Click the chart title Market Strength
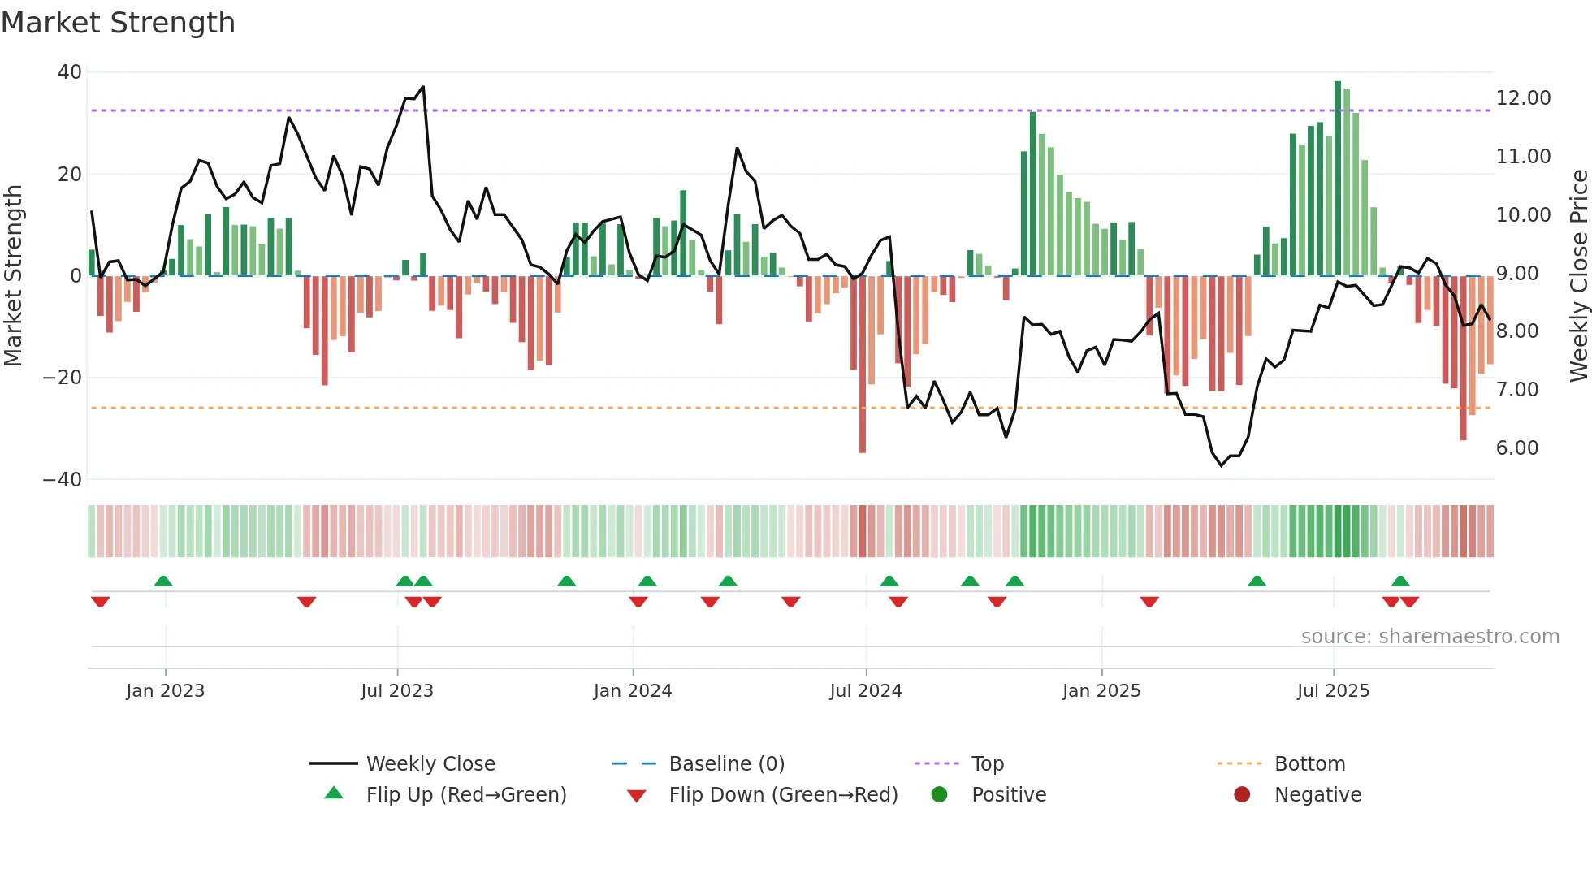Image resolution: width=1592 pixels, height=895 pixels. tap(119, 23)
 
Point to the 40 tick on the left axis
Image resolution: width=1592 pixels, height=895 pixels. tap(70, 72)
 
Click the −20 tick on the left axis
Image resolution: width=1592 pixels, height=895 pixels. tap(63, 378)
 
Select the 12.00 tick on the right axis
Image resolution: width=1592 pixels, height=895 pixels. tap(1523, 98)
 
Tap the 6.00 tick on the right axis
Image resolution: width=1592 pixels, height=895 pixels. tap(1517, 448)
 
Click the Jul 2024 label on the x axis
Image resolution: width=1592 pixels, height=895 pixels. tap(866, 691)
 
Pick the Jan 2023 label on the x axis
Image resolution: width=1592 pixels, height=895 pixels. tap(166, 691)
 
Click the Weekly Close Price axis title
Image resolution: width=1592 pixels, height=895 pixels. tap(1578, 276)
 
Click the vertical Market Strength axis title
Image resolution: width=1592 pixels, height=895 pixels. tap(14, 276)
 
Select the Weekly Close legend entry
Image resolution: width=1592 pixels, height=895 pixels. tap(430, 764)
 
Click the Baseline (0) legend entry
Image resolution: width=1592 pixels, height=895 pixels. tap(726, 764)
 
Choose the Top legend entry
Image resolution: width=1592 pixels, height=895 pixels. tap(988, 764)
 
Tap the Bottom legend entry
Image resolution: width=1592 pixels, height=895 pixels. tap(1309, 764)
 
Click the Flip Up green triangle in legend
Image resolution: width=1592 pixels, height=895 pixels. tap(334, 793)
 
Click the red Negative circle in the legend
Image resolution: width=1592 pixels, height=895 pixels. tap(1242, 794)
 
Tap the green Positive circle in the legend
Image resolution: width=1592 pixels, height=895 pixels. tap(940, 794)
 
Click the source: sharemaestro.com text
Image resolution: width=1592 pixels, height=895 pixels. tap(1430, 637)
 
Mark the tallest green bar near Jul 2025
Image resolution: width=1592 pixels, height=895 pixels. tap(1338, 179)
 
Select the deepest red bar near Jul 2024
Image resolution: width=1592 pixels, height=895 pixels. tap(863, 365)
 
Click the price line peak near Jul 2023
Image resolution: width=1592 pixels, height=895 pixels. tap(422, 87)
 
